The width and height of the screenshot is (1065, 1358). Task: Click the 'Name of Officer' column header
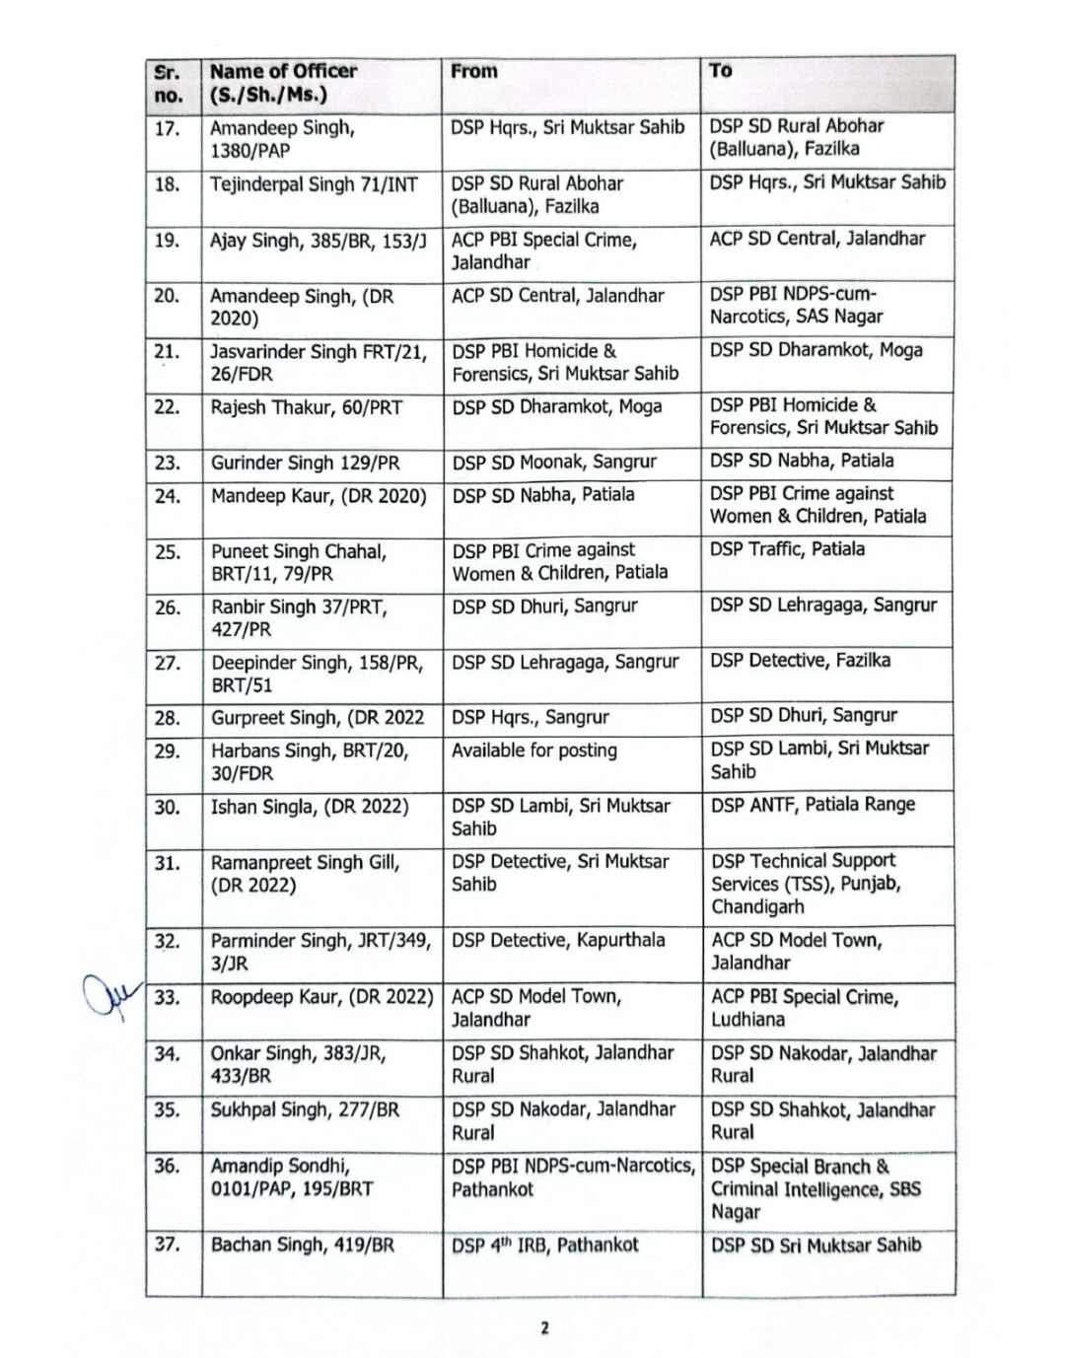[283, 83]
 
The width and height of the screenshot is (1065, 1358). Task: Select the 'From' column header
[474, 71]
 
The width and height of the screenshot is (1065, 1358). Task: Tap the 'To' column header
[721, 70]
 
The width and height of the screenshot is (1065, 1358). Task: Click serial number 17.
[168, 129]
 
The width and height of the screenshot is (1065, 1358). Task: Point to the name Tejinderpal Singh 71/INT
[314, 184]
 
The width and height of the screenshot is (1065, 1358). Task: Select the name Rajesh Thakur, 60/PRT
[307, 407]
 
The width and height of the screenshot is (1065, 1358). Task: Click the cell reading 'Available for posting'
[534, 750]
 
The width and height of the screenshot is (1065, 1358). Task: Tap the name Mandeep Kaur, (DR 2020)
[319, 495]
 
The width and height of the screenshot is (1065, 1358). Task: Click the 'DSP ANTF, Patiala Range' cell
[813, 805]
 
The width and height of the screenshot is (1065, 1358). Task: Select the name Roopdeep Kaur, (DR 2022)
[321, 997]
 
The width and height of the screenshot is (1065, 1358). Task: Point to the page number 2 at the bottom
[543, 1327]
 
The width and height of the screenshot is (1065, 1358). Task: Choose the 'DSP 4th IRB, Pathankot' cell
[545, 1246]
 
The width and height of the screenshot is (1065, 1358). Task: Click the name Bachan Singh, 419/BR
[303, 1246]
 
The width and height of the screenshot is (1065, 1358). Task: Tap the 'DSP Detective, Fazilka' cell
[800, 661]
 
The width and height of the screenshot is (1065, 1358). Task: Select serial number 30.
[168, 808]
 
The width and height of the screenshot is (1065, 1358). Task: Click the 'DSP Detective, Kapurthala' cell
[558, 940]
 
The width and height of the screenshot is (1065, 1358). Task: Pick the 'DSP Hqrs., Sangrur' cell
[531, 717]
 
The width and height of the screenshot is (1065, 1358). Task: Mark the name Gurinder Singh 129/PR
[304, 463]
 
